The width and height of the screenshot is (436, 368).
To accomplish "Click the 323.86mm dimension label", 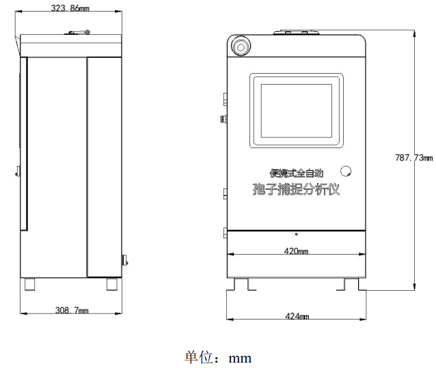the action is (70, 8).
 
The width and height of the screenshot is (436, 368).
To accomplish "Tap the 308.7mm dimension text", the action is (72, 310).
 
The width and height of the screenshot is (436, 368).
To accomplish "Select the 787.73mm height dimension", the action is (413, 158).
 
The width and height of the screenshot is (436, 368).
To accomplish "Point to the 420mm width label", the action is (296, 251).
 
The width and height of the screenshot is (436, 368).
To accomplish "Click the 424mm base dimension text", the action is (297, 316).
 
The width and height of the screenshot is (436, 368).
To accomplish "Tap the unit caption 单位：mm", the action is (218, 358).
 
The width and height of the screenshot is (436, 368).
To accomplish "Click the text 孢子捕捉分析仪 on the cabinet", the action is (296, 189).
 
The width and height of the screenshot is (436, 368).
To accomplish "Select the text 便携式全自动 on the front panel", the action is (297, 173).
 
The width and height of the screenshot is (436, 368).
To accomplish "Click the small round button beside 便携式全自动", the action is (346, 171).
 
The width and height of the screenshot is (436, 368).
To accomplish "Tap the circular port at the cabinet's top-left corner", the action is (241, 46).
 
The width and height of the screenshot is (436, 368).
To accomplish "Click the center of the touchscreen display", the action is (296, 111).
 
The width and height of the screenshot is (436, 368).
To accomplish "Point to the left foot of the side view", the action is (30, 284).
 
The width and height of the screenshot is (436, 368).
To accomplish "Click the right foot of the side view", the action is (112, 284).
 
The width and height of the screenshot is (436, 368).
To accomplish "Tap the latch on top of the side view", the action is (79, 32).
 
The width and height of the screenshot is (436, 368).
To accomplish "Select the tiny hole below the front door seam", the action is (297, 234).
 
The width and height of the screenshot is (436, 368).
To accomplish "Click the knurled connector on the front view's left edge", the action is (223, 119).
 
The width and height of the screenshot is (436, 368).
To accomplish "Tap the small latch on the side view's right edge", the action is (125, 260).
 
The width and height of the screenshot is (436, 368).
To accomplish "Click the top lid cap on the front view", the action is (296, 32).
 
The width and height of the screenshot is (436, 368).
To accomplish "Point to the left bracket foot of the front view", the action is (241, 285).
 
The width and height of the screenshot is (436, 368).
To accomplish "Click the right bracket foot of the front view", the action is (351, 285).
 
